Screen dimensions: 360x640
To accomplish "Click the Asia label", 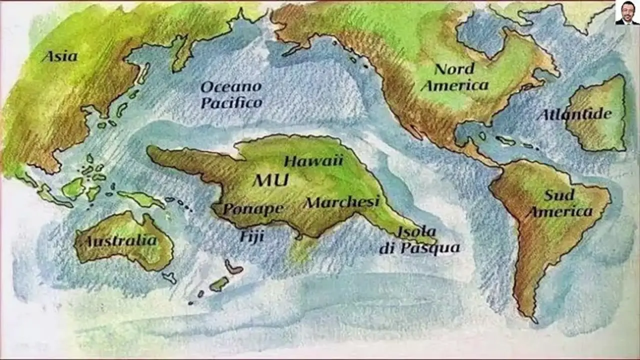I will tap(59, 56).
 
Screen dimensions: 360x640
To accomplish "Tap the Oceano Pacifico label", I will tap(231, 94).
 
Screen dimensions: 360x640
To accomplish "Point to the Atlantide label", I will tap(575, 114).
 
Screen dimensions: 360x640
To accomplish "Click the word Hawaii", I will tap(313, 160).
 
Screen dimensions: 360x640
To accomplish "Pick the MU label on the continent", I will tap(270, 180).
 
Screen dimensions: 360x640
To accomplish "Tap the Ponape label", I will tap(252, 208).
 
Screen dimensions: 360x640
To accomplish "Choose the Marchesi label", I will tap(342, 202).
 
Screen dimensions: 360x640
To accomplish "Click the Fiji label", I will tap(251, 235).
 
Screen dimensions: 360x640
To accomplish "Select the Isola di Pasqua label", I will tap(419, 239).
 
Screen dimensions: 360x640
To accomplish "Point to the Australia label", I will tap(120, 241).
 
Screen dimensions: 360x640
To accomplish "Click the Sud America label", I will tap(559, 203).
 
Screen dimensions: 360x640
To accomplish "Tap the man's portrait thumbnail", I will tap(626, 13).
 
